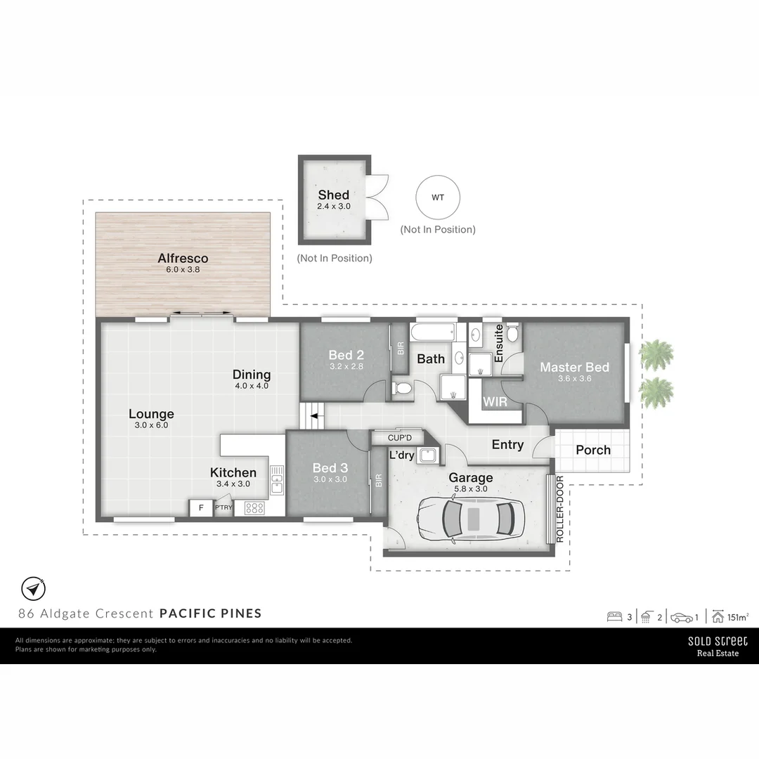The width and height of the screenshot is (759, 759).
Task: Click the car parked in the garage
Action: click(469, 519)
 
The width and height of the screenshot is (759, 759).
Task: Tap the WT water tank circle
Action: click(437, 197)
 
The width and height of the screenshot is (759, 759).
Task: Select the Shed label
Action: click(333, 195)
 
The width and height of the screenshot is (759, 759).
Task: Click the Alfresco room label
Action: click(183, 258)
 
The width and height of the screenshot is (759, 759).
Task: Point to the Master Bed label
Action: click(574, 367)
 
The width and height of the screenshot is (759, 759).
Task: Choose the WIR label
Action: click(495, 403)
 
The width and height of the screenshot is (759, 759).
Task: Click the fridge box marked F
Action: click(201, 507)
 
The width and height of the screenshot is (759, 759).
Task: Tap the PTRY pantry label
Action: click(223, 507)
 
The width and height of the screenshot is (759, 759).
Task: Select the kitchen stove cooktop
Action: click(254, 507)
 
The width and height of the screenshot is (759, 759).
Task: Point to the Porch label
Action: click(592, 450)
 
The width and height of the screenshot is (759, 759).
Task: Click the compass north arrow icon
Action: click(32, 588)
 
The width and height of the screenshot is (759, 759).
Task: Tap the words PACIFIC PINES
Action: click(211, 613)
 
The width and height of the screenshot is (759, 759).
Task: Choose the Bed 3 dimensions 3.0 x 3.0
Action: click(330, 479)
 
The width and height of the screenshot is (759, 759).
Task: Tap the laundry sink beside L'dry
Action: click(427, 455)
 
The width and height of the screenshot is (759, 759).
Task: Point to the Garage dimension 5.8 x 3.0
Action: click(470, 489)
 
